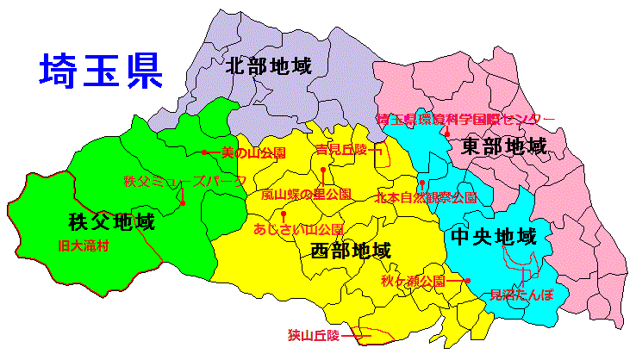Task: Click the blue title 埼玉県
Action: (101, 71)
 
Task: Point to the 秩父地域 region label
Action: (111, 222)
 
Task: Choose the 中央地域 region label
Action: (493, 236)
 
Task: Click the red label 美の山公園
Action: (253, 152)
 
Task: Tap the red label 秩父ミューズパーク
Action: (184, 182)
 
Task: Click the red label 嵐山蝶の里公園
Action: (307, 195)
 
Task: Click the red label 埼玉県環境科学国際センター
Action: (466, 119)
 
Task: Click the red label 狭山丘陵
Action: (314, 333)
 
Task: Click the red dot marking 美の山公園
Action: (204, 152)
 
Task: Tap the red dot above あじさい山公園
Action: (284, 212)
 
